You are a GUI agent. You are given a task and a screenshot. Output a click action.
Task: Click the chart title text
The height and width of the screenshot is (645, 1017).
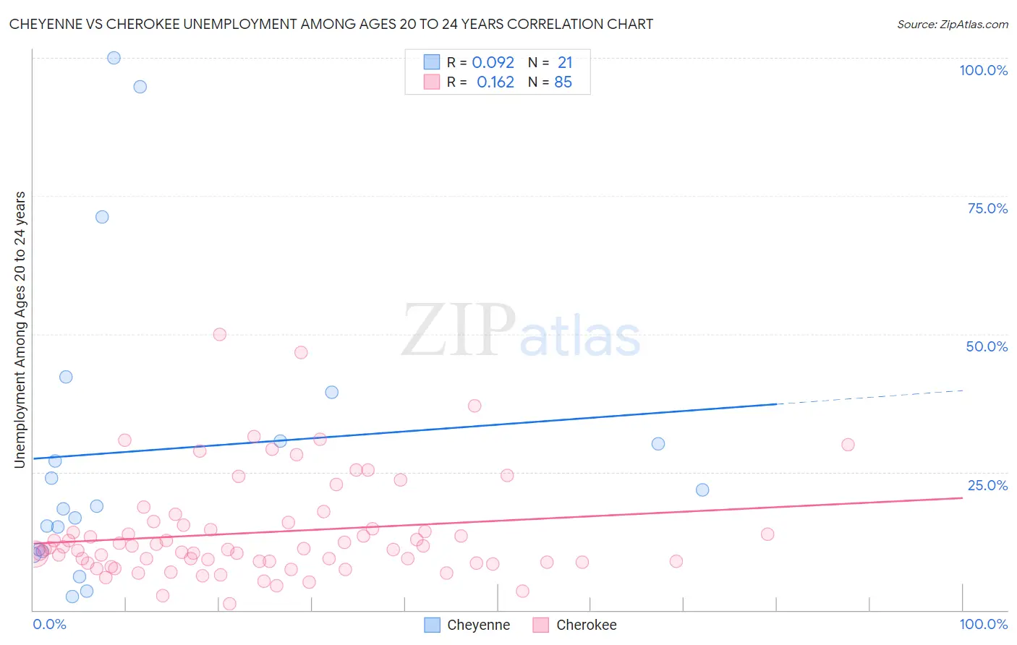pyautogui.click(x=331, y=24)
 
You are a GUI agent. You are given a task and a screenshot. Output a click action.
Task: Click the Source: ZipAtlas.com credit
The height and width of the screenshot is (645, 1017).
pyautogui.click(x=952, y=24)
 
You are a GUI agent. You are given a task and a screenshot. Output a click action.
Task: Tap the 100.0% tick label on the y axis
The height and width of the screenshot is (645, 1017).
pyautogui.click(x=983, y=70)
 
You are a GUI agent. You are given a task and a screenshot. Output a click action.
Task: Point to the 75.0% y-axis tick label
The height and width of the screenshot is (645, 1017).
pyautogui.click(x=987, y=208)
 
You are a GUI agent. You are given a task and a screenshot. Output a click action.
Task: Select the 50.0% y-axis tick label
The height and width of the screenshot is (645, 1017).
pyautogui.click(x=987, y=346)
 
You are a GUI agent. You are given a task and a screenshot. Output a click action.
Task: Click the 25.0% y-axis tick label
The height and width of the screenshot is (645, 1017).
pyautogui.click(x=987, y=485)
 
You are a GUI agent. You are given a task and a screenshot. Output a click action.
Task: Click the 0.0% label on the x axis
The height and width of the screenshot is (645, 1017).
pyautogui.click(x=49, y=624)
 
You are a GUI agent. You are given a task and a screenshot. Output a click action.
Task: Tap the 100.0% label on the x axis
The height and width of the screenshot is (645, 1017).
pyautogui.click(x=983, y=624)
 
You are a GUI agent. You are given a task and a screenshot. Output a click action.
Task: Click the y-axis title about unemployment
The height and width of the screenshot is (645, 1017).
pyautogui.click(x=20, y=329)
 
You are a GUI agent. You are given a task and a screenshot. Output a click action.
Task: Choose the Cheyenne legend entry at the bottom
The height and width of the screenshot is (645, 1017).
pyautogui.click(x=467, y=625)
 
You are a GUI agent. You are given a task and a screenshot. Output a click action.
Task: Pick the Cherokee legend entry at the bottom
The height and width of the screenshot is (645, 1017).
pyautogui.click(x=576, y=625)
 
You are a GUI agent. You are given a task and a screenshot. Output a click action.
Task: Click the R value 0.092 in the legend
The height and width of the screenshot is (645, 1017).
pyautogui.click(x=493, y=63)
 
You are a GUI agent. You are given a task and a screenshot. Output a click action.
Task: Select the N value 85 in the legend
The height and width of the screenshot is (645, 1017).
pyautogui.click(x=563, y=82)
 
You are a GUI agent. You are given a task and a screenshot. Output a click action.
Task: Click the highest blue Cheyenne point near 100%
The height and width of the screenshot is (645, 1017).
pyautogui.click(x=114, y=58)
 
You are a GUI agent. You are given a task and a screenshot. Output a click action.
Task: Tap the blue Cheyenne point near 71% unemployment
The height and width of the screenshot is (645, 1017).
pyautogui.click(x=102, y=217)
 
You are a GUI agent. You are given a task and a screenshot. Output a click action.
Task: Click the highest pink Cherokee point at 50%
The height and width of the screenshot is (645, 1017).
pyautogui.click(x=220, y=334)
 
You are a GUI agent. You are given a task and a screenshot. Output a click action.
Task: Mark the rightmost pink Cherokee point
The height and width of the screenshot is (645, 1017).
pyautogui.click(x=848, y=445)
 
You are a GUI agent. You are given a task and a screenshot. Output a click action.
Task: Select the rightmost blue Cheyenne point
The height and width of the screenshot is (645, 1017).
pyautogui.click(x=702, y=490)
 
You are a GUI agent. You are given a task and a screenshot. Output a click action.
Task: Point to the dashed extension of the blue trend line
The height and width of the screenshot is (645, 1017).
pyautogui.click(x=868, y=397)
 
